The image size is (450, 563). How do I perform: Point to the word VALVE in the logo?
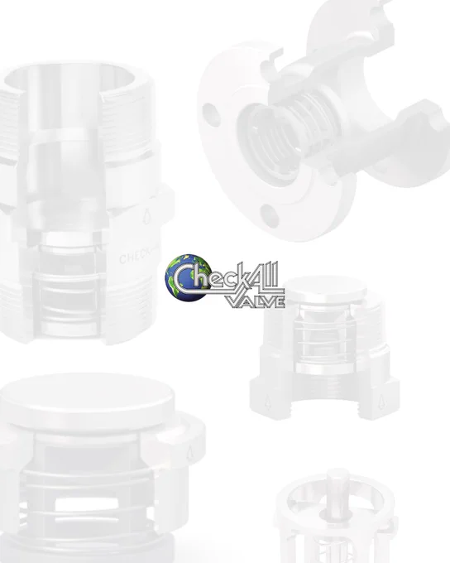(x=256, y=301)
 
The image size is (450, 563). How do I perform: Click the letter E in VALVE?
(x=280, y=301)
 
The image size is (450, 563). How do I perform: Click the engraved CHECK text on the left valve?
(x=134, y=257)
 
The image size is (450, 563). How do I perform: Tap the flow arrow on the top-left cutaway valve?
(x=146, y=216)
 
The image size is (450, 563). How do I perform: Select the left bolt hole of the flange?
(x=211, y=114)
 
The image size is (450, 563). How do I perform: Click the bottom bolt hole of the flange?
(x=270, y=216)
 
